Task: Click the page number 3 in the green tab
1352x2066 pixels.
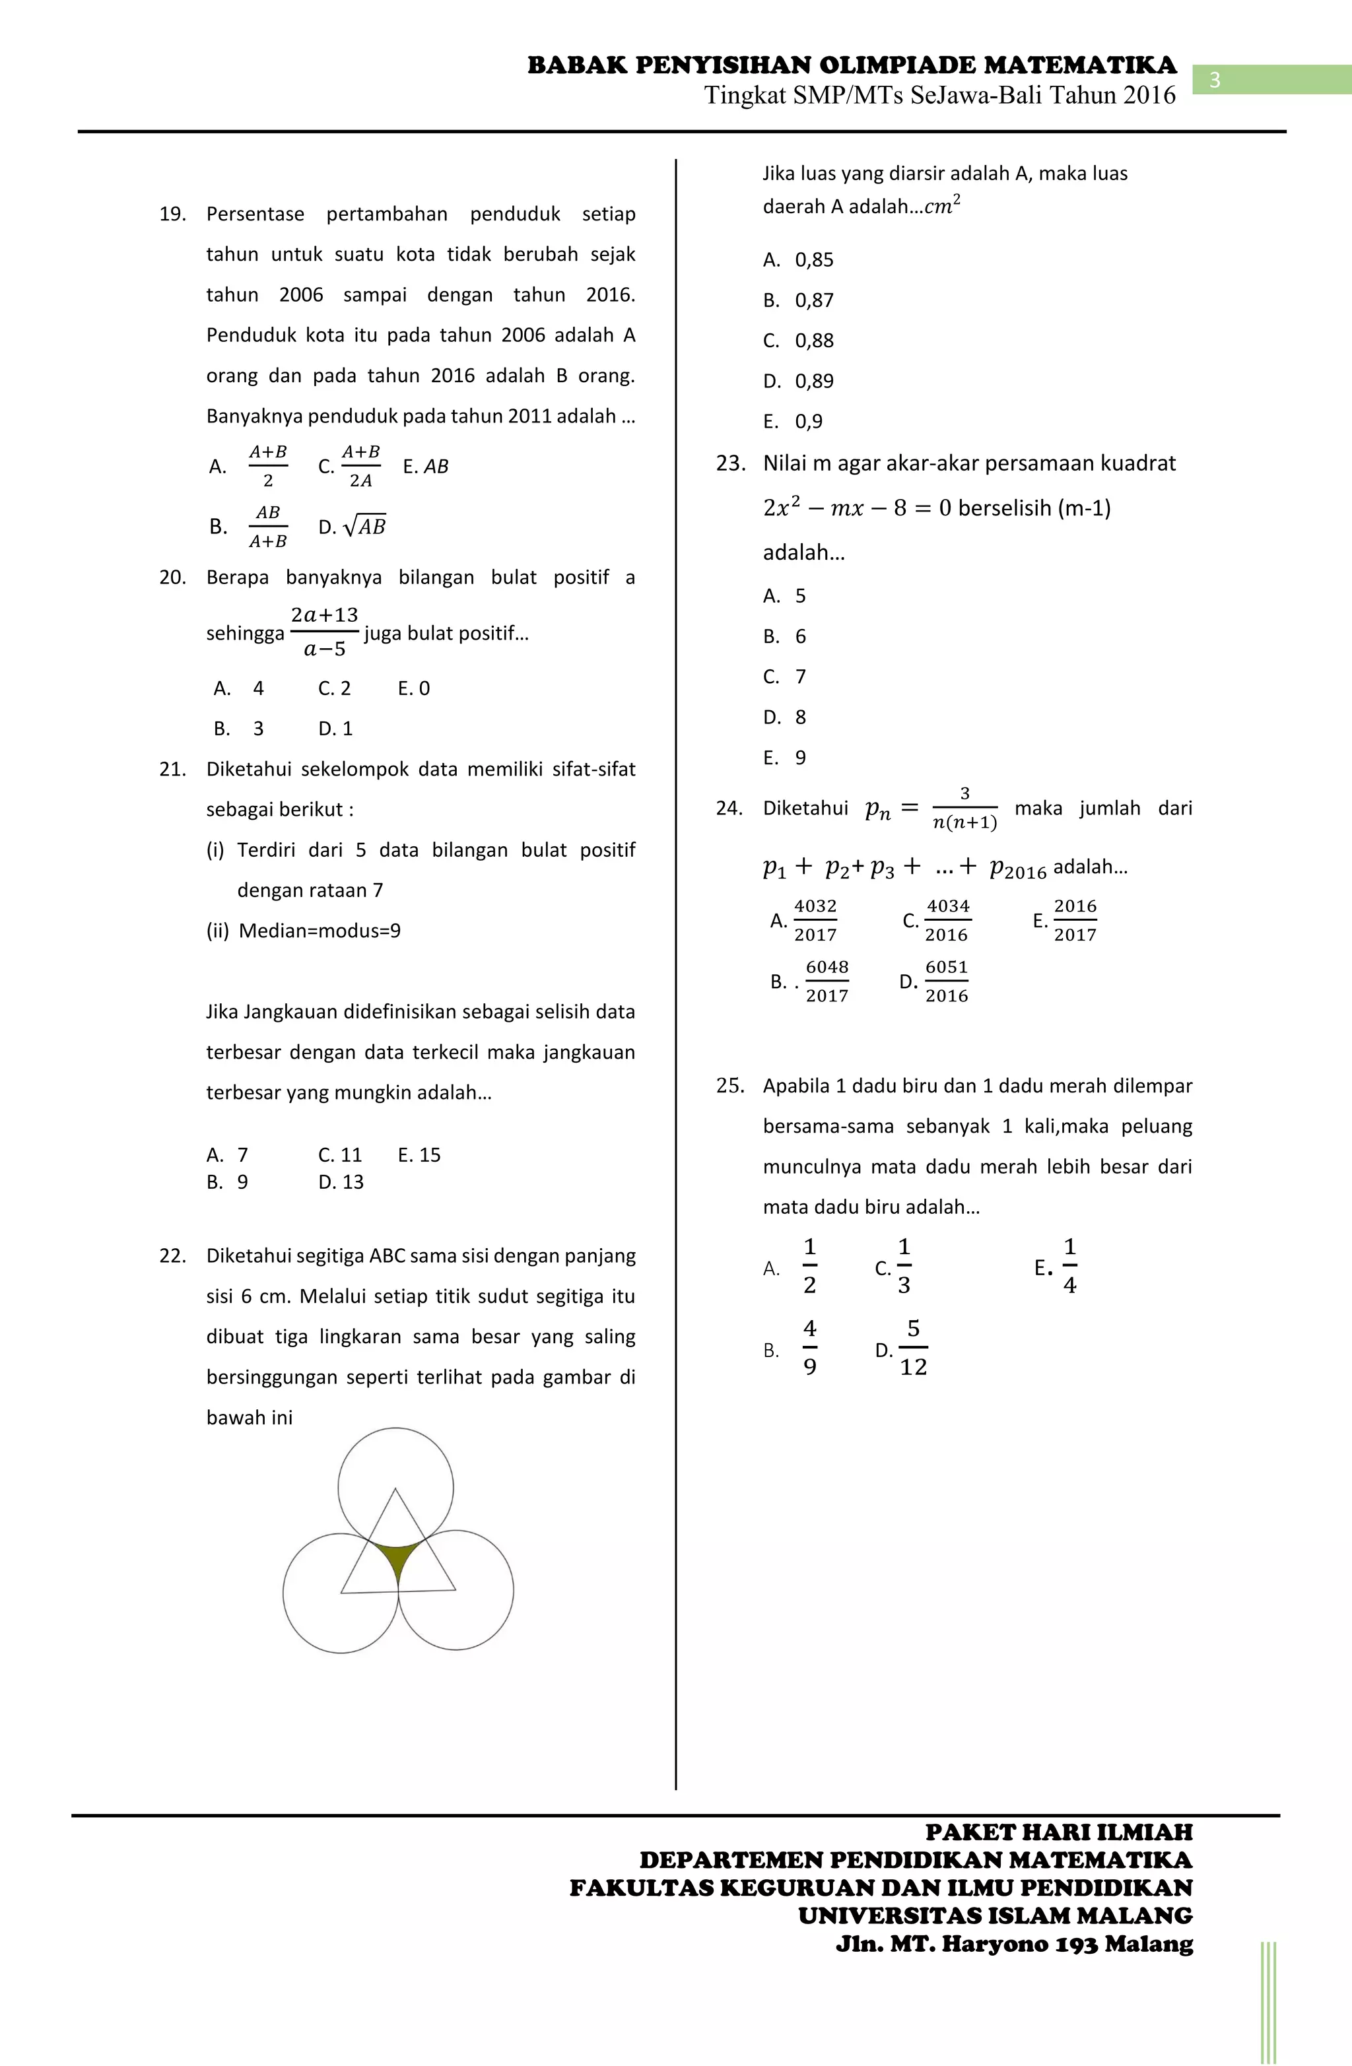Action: (x=1215, y=80)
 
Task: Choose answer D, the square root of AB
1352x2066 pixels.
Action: (x=364, y=526)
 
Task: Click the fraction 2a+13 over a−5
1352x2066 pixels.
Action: (x=324, y=632)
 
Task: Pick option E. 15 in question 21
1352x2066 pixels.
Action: (x=419, y=1154)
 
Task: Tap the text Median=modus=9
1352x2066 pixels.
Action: (x=320, y=931)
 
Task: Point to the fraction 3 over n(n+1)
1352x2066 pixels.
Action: (x=964, y=808)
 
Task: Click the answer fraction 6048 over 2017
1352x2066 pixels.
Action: (x=826, y=981)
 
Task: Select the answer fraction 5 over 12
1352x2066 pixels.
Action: (x=912, y=1348)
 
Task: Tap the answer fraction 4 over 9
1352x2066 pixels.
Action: (x=809, y=1348)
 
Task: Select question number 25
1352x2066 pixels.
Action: (x=729, y=1085)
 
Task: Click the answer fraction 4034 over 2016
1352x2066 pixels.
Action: (x=947, y=920)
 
